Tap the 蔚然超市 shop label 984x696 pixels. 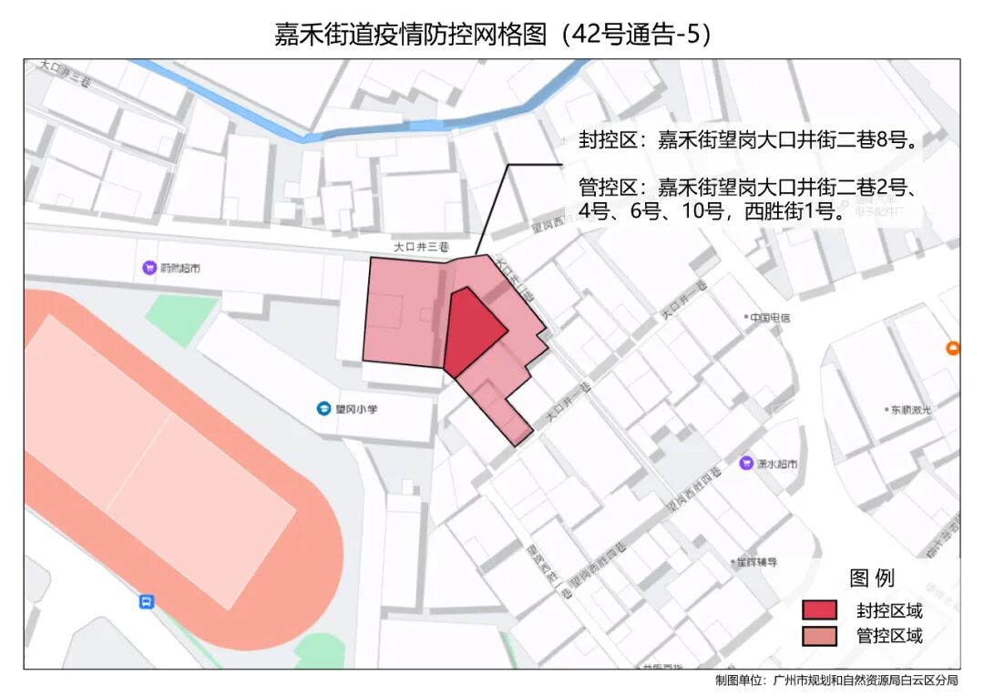(x=179, y=268)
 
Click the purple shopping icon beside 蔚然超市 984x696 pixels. (x=149, y=268)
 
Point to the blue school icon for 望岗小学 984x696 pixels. (x=323, y=409)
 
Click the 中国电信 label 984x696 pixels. (x=770, y=318)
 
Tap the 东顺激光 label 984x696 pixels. (x=911, y=410)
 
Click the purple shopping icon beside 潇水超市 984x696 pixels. (x=746, y=464)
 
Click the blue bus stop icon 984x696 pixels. (x=146, y=602)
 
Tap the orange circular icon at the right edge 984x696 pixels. (x=953, y=347)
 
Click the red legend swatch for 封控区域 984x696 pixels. (x=819, y=610)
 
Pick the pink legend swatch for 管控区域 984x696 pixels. (x=819, y=636)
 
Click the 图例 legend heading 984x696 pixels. (x=872, y=578)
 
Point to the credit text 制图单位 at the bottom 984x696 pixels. (x=836, y=681)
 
